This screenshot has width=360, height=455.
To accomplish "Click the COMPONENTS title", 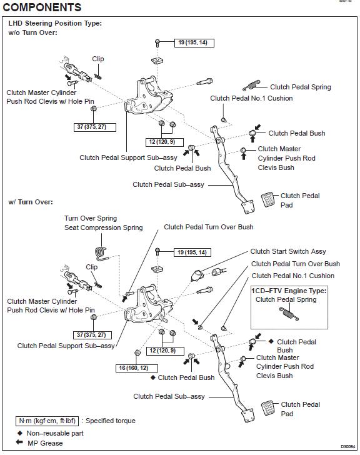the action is click(42, 7).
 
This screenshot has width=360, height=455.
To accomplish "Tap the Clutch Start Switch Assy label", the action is click(288, 251).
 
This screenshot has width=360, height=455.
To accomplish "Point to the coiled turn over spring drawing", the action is click(102, 254).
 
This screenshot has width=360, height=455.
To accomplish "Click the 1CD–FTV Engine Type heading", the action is click(289, 291).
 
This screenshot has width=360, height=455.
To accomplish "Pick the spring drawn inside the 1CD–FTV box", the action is click(289, 314).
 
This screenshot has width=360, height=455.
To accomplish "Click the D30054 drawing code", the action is click(347, 447).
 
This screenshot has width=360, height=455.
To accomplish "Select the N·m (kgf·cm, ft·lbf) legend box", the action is click(47, 421).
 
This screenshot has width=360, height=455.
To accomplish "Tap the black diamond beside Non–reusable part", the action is click(20, 433).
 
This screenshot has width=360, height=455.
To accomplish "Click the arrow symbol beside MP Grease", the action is click(19, 442).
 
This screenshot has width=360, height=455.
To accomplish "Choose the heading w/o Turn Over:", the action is click(32, 32).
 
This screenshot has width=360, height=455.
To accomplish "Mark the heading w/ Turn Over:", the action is click(31, 202).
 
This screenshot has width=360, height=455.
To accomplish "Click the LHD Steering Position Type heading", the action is click(55, 23).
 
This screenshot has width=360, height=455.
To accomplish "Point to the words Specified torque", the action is click(111, 421).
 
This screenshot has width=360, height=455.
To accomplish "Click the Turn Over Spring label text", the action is click(91, 218).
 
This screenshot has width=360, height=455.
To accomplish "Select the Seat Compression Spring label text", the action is click(104, 227).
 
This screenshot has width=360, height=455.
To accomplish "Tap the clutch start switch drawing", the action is click(197, 275).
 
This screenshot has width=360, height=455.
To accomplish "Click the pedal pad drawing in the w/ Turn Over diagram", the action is click(267, 408).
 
